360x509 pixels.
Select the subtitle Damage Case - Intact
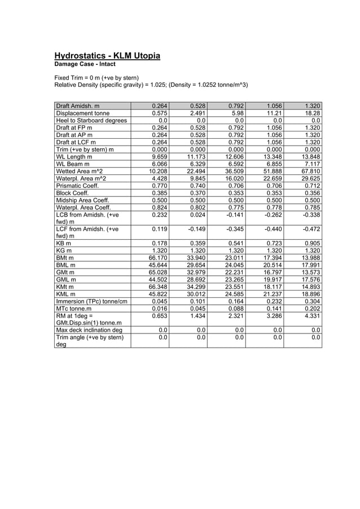(85, 65)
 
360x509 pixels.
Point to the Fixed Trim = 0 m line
(96, 77)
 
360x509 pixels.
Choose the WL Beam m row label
(74, 164)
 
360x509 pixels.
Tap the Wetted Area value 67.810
(309, 171)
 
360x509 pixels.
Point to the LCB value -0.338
(310, 215)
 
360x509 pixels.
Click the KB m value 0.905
(311, 244)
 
